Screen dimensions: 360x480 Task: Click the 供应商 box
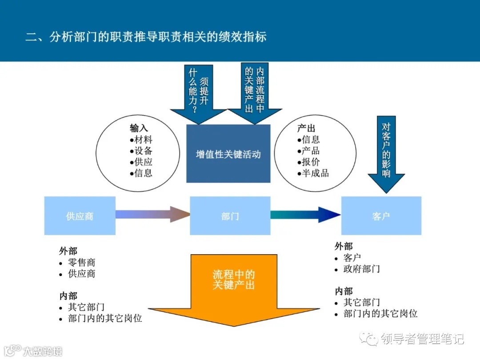pyautogui.click(x=80, y=216)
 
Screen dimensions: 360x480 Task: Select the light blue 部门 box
pyautogui.click(x=230, y=216)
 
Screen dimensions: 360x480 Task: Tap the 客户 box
pyautogui.click(x=381, y=216)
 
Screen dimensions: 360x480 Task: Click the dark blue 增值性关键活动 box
pyautogui.click(x=228, y=154)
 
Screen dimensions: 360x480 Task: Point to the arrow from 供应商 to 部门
pyautogui.click(x=152, y=215)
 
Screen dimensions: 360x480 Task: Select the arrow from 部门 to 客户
pyautogui.click(x=305, y=215)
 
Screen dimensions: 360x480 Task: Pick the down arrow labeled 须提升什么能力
pyautogui.click(x=198, y=93)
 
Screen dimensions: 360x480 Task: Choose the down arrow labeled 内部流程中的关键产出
pyautogui.click(x=255, y=91)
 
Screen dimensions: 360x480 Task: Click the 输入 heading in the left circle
pyautogui.click(x=139, y=128)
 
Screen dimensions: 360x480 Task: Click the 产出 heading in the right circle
pyautogui.click(x=306, y=128)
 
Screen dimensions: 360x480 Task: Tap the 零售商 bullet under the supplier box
pyautogui.click(x=81, y=263)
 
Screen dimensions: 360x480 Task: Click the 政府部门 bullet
pyautogui.click(x=361, y=269)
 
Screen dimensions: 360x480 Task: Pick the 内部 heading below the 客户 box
pyautogui.click(x=344, y=291)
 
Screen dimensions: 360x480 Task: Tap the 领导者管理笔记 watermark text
pyautogui.click(x=422, y=339)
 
